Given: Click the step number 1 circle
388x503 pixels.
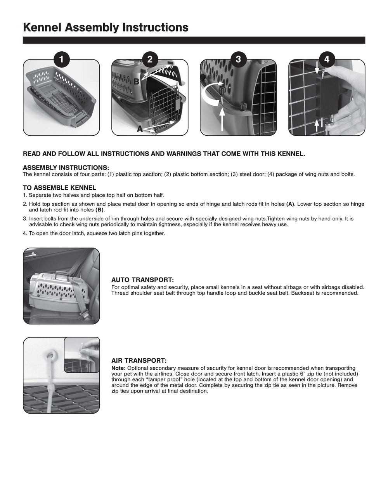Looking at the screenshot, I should coord(61,59).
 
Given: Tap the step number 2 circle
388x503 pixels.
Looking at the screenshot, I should coord(150,59).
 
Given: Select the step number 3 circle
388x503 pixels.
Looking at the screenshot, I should coord(238,59).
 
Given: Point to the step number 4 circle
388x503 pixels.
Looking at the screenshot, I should coord(327,59).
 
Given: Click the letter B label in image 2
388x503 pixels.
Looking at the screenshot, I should coord(136,82).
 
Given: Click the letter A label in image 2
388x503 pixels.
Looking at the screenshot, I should coord(140,129).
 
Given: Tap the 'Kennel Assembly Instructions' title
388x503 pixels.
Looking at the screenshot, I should coord(106,28).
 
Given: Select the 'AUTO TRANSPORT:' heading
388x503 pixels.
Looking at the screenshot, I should coord(142,280).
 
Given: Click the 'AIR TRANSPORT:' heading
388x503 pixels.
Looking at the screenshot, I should coord(139,361).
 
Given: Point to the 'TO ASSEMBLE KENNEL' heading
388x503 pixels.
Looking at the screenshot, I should coord(59,188).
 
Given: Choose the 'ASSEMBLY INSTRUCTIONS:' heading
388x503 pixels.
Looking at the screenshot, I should coord(66,168).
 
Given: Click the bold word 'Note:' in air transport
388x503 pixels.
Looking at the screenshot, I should coord(118,368).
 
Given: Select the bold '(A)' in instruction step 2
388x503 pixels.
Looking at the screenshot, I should coord(290,204).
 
